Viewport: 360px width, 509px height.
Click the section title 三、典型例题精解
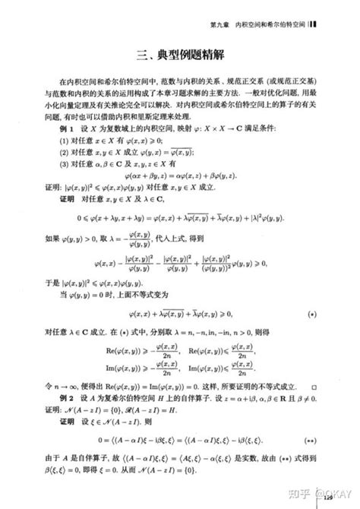point(180,55)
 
